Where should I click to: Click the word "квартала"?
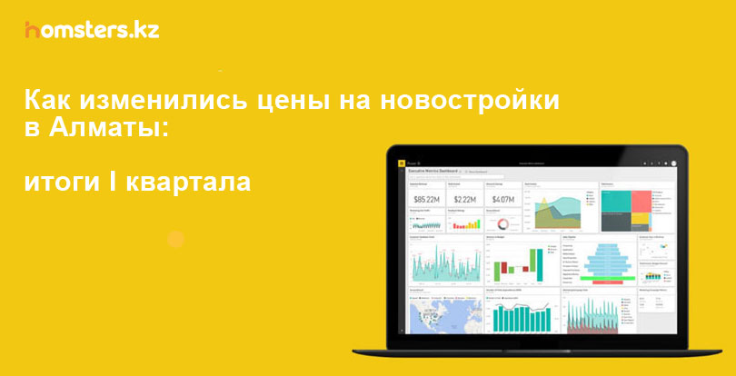tap(188, 183)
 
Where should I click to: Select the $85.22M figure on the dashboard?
tap(427, 199)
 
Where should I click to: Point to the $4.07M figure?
tap(503, 199)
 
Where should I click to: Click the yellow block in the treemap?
tap(640, 217)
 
